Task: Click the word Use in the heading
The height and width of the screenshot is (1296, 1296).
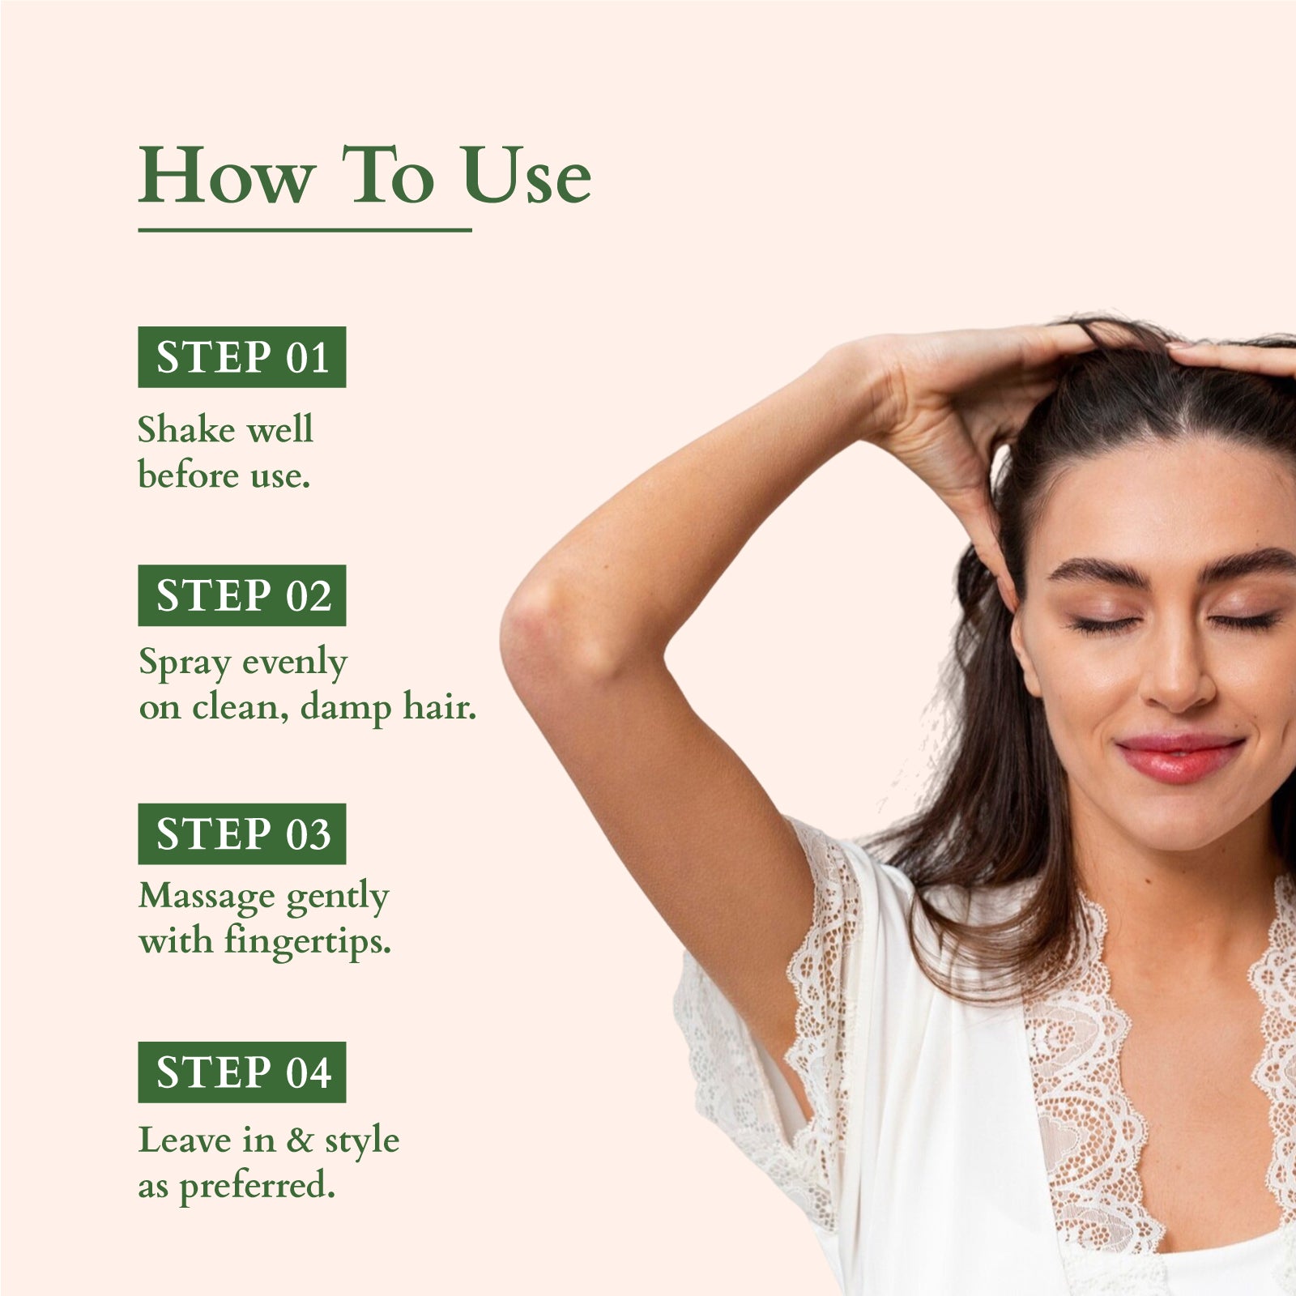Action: (x=527, y=177)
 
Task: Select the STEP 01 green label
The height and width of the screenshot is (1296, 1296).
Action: (x=241, y=357)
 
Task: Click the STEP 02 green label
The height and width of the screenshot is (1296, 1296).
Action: (x=241, y=595)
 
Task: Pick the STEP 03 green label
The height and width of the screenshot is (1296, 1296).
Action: (x=241, y=833)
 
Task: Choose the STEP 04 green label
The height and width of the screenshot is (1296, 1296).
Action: (x=241, y=1072)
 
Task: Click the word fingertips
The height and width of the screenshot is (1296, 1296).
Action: (x=308, y=942)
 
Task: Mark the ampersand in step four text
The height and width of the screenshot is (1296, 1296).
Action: (x=300, y=1140)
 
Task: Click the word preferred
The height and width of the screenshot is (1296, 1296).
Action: (x=257, y=1187)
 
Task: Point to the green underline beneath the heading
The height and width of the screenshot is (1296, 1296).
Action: (x=305, y=230)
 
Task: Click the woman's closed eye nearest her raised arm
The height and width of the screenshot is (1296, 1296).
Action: (x=1104, y=625)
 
